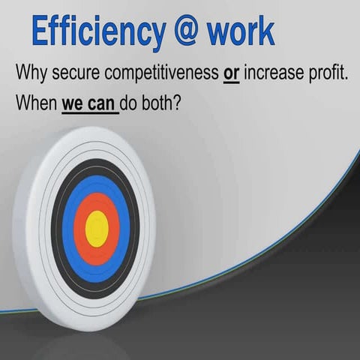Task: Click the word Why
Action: tap(31, 75)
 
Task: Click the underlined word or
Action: tap(231, 75)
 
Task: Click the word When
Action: tap(36, 105)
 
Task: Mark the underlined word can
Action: tap(103, 105)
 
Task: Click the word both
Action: tap(160, 105)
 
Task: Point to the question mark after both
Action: tap(180, 105)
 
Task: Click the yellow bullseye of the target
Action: tap(97, 227)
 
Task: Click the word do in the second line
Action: tap(132, 105)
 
